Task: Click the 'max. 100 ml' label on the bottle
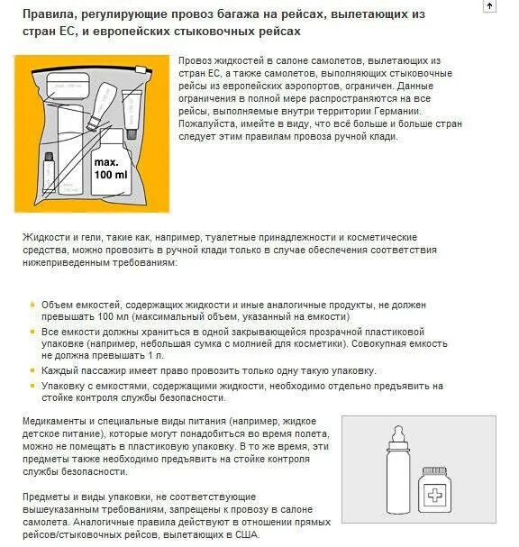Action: point(110,168)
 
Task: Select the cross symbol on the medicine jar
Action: point(439,497)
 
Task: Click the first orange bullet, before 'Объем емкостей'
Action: point(33,305)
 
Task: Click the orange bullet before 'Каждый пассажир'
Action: point(33,370)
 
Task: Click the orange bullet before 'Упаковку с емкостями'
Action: point(33,385)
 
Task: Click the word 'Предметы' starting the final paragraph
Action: point(49,497)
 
